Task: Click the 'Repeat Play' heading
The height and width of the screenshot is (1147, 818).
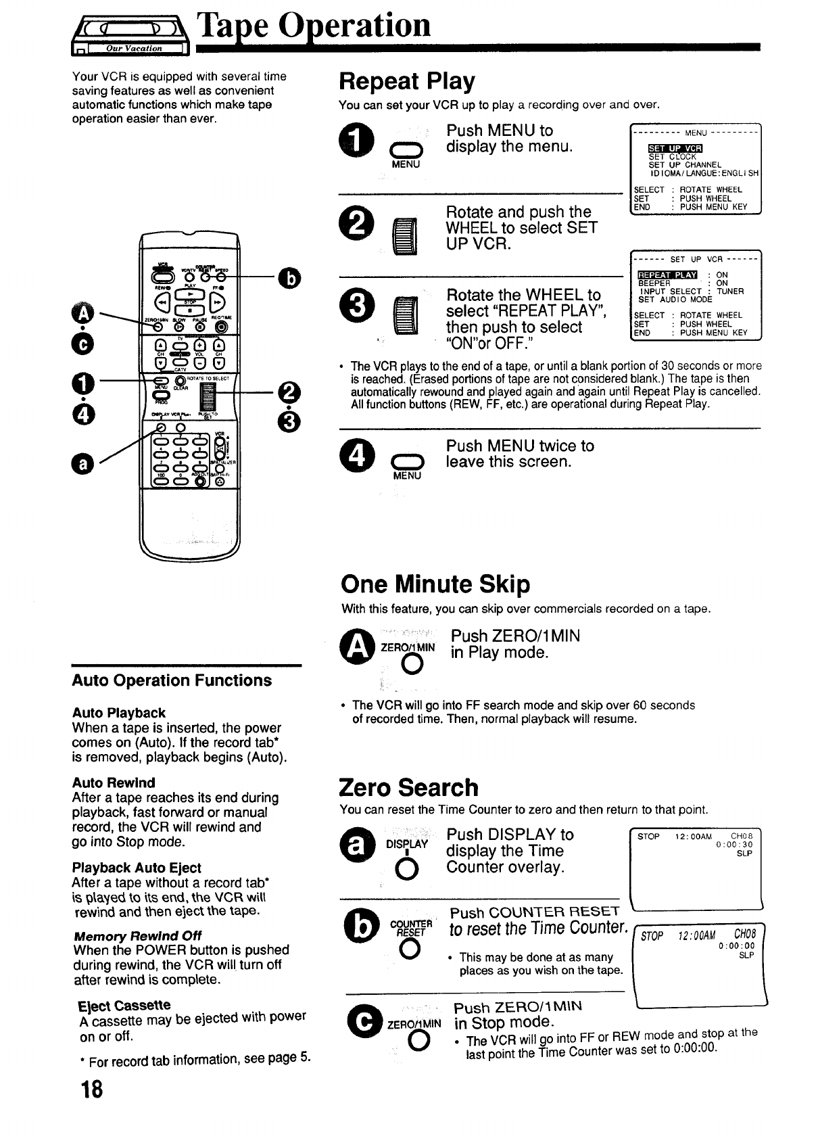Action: (406, 81)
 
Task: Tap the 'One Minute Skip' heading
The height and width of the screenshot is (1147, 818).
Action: (435, 584)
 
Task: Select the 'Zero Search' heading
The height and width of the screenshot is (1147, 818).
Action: (408, 787)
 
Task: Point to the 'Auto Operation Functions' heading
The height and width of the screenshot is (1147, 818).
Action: (172, 680)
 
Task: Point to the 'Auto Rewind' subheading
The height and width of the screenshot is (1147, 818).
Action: (114, 782)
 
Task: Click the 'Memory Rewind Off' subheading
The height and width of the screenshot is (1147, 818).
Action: (137, 935)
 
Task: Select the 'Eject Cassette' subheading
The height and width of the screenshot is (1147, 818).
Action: (124, 1005)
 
